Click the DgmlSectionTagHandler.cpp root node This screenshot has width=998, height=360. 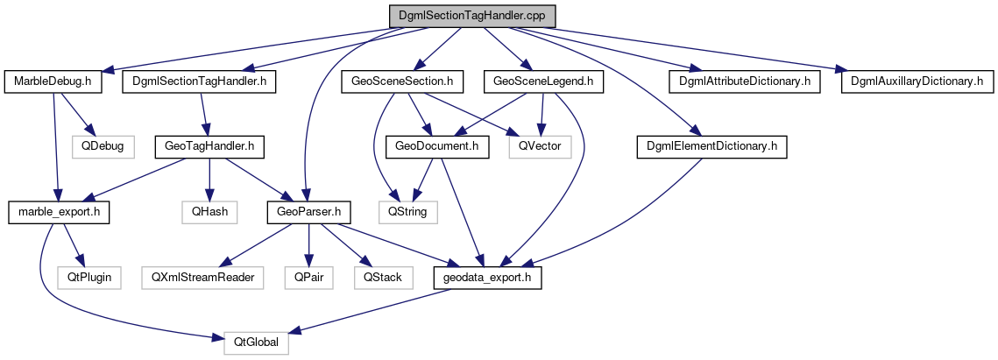472,16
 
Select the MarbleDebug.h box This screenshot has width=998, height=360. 53,81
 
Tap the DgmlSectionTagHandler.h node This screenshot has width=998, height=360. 200,81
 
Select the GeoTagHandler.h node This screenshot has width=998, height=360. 209,146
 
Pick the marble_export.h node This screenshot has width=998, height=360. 58,212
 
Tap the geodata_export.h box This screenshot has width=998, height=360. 488,277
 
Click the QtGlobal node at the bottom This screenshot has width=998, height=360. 256,342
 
